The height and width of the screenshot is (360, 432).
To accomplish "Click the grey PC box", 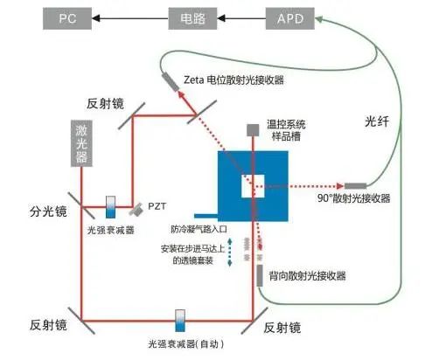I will (x=67, y=16).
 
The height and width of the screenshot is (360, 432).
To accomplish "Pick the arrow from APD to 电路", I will (x=237, y=16).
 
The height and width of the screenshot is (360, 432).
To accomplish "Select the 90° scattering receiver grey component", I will (x=356, y=185).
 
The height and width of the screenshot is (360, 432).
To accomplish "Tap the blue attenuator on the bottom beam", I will (x=180, y=315).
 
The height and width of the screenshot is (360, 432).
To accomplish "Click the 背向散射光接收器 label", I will (x=308, y=276).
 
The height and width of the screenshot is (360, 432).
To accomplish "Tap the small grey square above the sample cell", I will (x=252, y=129).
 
